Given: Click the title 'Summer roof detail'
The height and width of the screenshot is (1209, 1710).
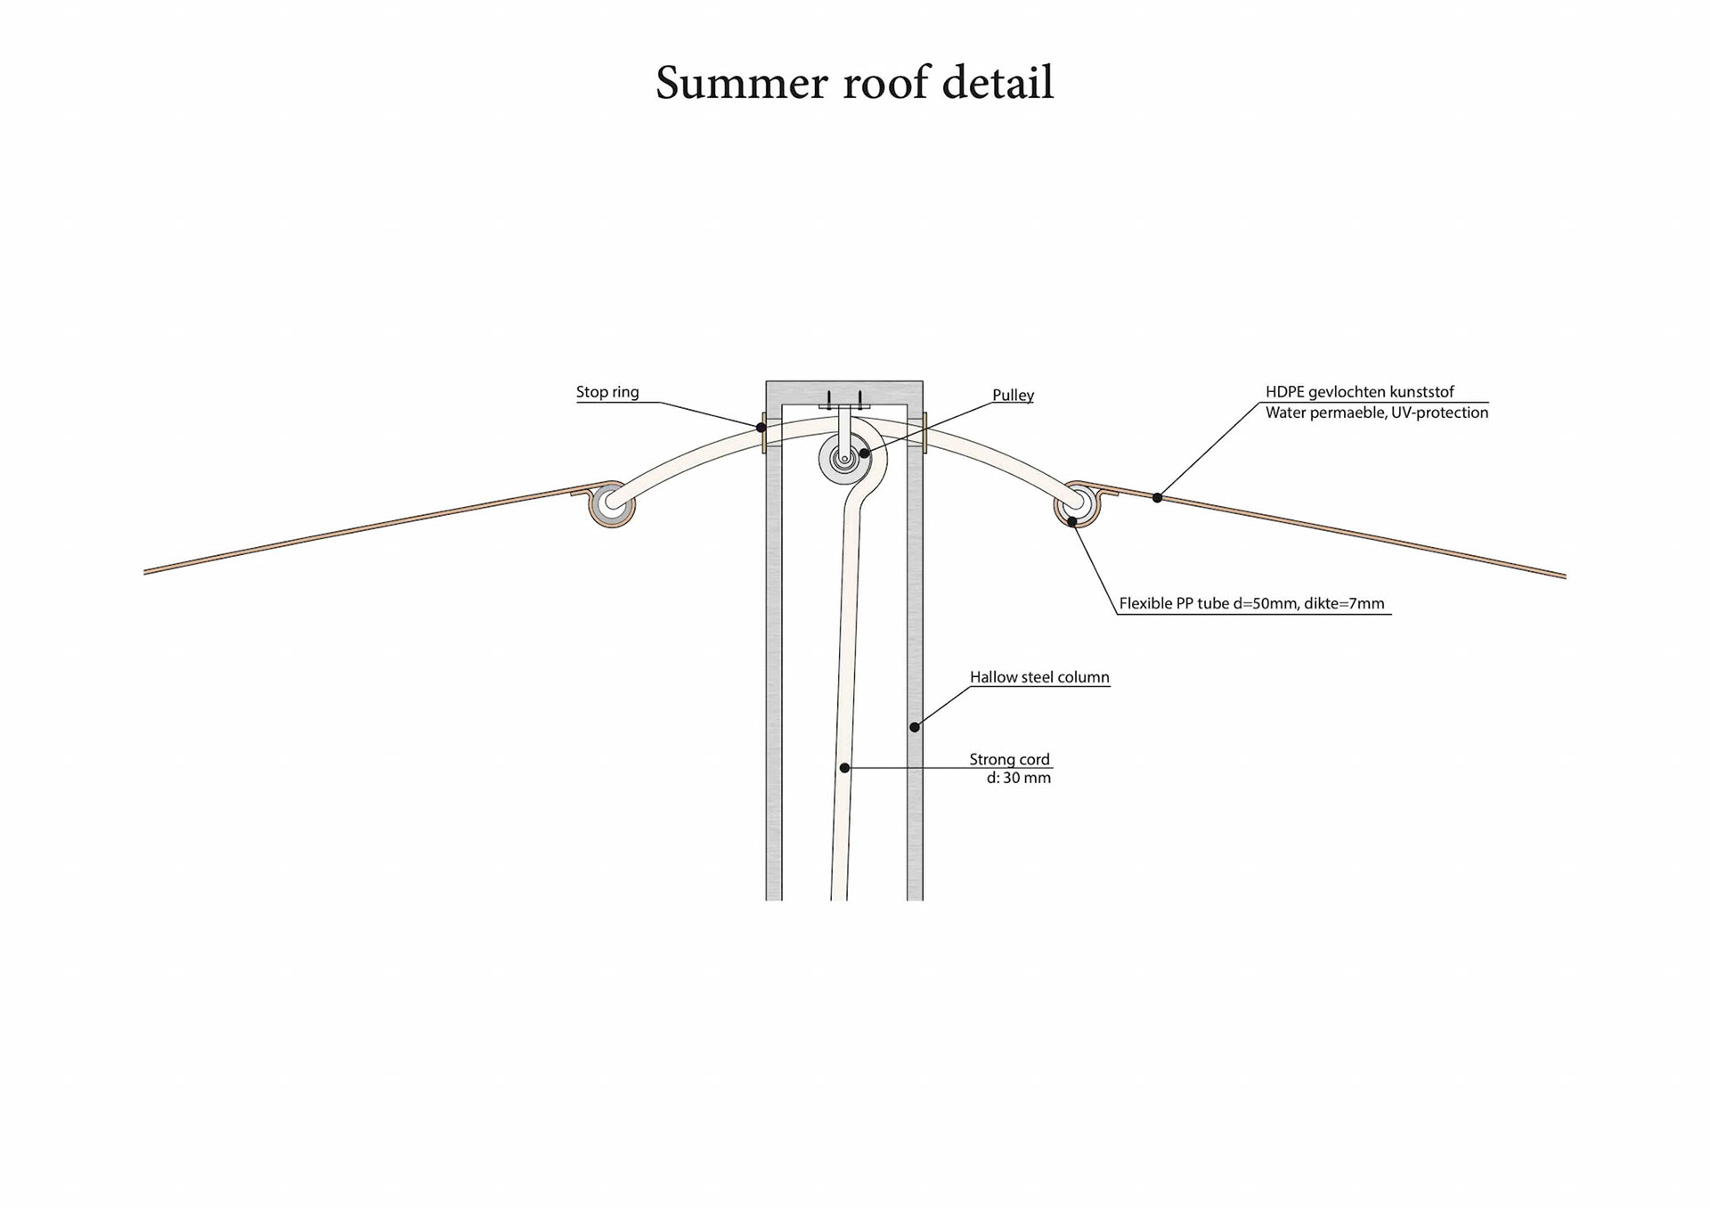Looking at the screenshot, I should tap(854, 83).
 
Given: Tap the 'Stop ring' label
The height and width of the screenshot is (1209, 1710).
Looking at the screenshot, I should tap(607, 392).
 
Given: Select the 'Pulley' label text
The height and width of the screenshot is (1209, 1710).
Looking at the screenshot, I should tap(1013, 396).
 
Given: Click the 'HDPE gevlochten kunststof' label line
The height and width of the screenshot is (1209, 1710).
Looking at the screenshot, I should tap(1359, 392).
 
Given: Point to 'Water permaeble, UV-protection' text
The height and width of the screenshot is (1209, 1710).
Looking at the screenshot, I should tap(1376, 413).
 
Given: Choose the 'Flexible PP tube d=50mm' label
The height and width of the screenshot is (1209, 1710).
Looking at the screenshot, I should tap(1251, 603).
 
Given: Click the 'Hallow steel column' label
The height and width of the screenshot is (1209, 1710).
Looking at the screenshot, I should tap(1038, 677).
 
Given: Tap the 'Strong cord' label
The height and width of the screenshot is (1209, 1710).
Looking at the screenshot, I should tap(1009, 759).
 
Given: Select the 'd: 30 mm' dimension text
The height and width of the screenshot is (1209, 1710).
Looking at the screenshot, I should tap(1018, 778).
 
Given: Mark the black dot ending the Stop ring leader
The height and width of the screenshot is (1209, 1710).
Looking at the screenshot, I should tap(761, 428).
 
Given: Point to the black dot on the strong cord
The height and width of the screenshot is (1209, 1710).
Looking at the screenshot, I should tap(844, 767).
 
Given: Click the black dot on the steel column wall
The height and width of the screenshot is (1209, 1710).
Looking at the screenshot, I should tap(915, 727).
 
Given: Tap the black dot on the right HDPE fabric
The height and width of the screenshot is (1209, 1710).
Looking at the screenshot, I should tap(1157, 497).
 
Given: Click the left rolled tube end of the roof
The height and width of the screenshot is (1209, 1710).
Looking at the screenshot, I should tap(612, 504).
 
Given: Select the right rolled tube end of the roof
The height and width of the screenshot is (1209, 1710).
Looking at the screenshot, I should tap(1078, 504).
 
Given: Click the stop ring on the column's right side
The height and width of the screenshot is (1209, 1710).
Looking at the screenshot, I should tap(924, 433).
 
